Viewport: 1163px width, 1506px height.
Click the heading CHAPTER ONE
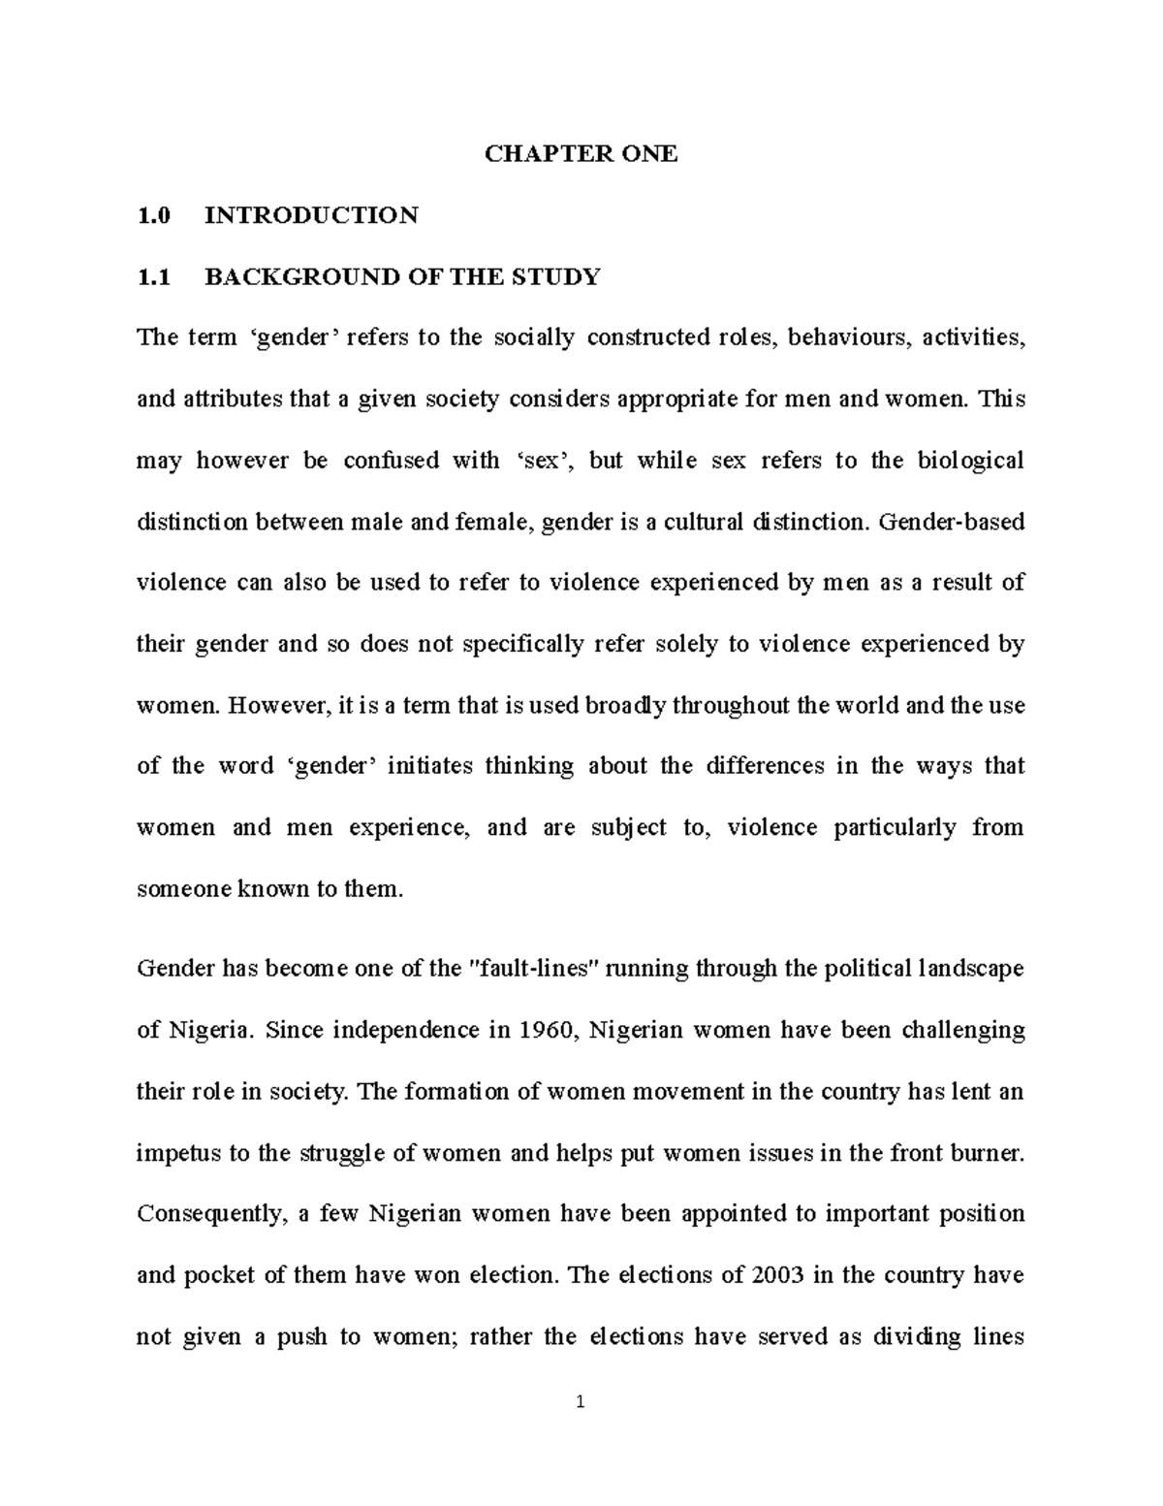click(581, 153)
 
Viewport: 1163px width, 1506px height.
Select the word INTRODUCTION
click(311, 214)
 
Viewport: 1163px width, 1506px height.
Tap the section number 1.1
click(153, 276)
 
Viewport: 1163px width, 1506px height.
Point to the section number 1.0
click(153, 214)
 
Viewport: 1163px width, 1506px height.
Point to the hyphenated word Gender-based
click(951, 522)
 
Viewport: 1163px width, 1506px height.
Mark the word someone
click(181, 888)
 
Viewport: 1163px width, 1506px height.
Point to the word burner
click(986, 1153)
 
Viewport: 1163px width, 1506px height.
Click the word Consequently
click(207, 1214)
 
